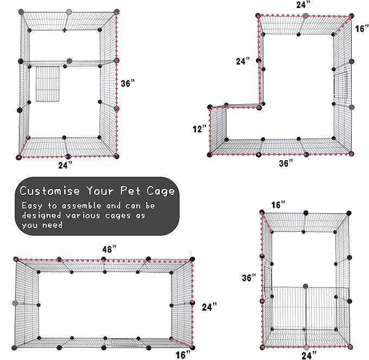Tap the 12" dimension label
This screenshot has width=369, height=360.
tap(199, 129)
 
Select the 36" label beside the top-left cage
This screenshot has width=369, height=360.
tap(129, 84)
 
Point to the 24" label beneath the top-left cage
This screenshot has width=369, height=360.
tap(65, 166)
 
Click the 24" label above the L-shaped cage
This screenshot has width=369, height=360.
tap(304, 5)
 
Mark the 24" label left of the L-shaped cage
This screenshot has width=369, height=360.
tap(243, 61)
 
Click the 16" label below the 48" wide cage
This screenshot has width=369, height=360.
tap(183, 355)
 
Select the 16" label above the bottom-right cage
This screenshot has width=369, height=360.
tap(278, 205)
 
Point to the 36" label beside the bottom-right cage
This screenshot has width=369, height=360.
tap(249, 277)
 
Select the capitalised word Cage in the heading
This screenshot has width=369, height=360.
tap(162, 191)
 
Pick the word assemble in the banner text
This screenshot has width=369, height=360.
tap(84, 206)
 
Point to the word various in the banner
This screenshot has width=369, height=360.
tap(86, 216)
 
